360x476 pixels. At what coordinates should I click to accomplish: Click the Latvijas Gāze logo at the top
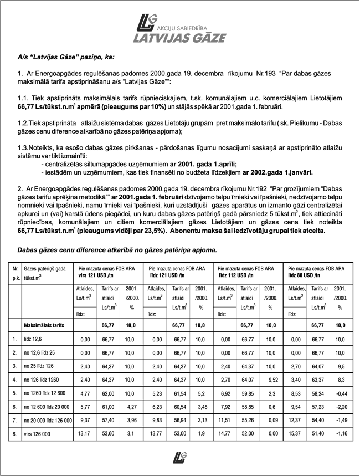[180, 28]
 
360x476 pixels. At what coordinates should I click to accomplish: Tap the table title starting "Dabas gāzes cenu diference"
[117, 250]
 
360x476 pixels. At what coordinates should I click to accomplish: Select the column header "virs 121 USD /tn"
[96, 274]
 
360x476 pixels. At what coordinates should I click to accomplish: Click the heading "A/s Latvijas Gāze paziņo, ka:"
[66, 56]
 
